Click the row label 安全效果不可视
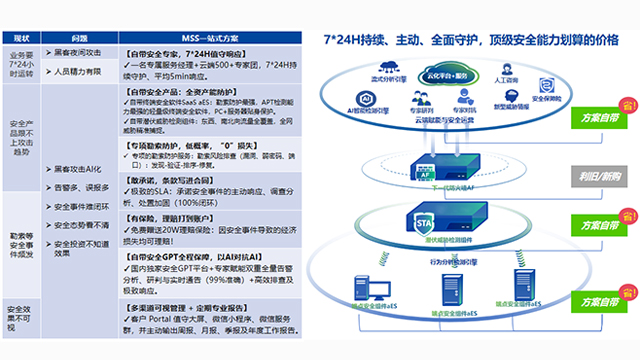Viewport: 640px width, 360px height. tap(21, 317)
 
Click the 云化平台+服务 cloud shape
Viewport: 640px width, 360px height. tap(447, 75)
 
